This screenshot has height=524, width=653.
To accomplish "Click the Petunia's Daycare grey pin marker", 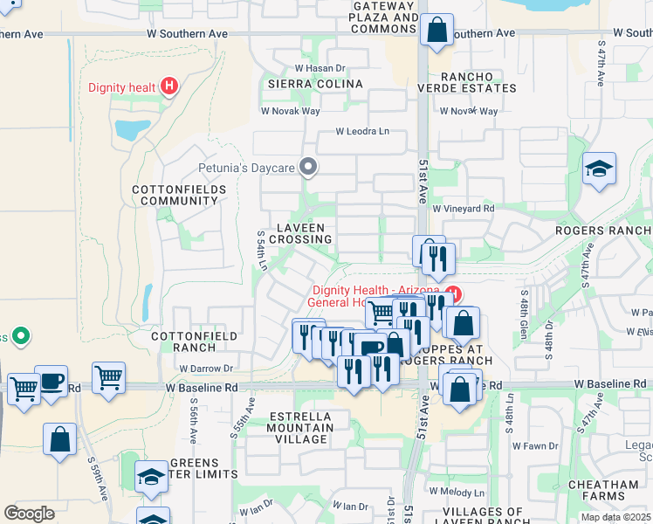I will (307, 166).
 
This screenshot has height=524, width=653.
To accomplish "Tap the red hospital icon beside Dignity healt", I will (170, 86).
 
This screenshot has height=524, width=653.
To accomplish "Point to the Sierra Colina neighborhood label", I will (315, 84).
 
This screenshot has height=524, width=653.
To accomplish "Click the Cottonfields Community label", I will (175, 195).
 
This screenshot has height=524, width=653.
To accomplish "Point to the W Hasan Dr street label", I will (320, 68).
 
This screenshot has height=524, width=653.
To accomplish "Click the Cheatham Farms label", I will (601, 491).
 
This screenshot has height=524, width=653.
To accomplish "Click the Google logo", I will (29, 514).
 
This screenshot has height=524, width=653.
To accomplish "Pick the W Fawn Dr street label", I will (534, 446).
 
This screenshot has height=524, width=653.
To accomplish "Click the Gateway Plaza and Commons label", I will (384, 17).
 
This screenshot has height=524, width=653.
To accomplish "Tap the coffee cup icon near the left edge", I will (52, 382).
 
